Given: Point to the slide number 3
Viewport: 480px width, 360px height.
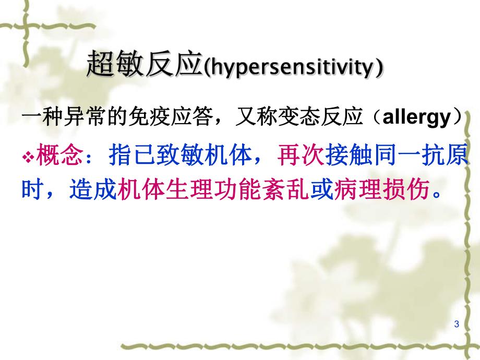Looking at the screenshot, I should (457, 325).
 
